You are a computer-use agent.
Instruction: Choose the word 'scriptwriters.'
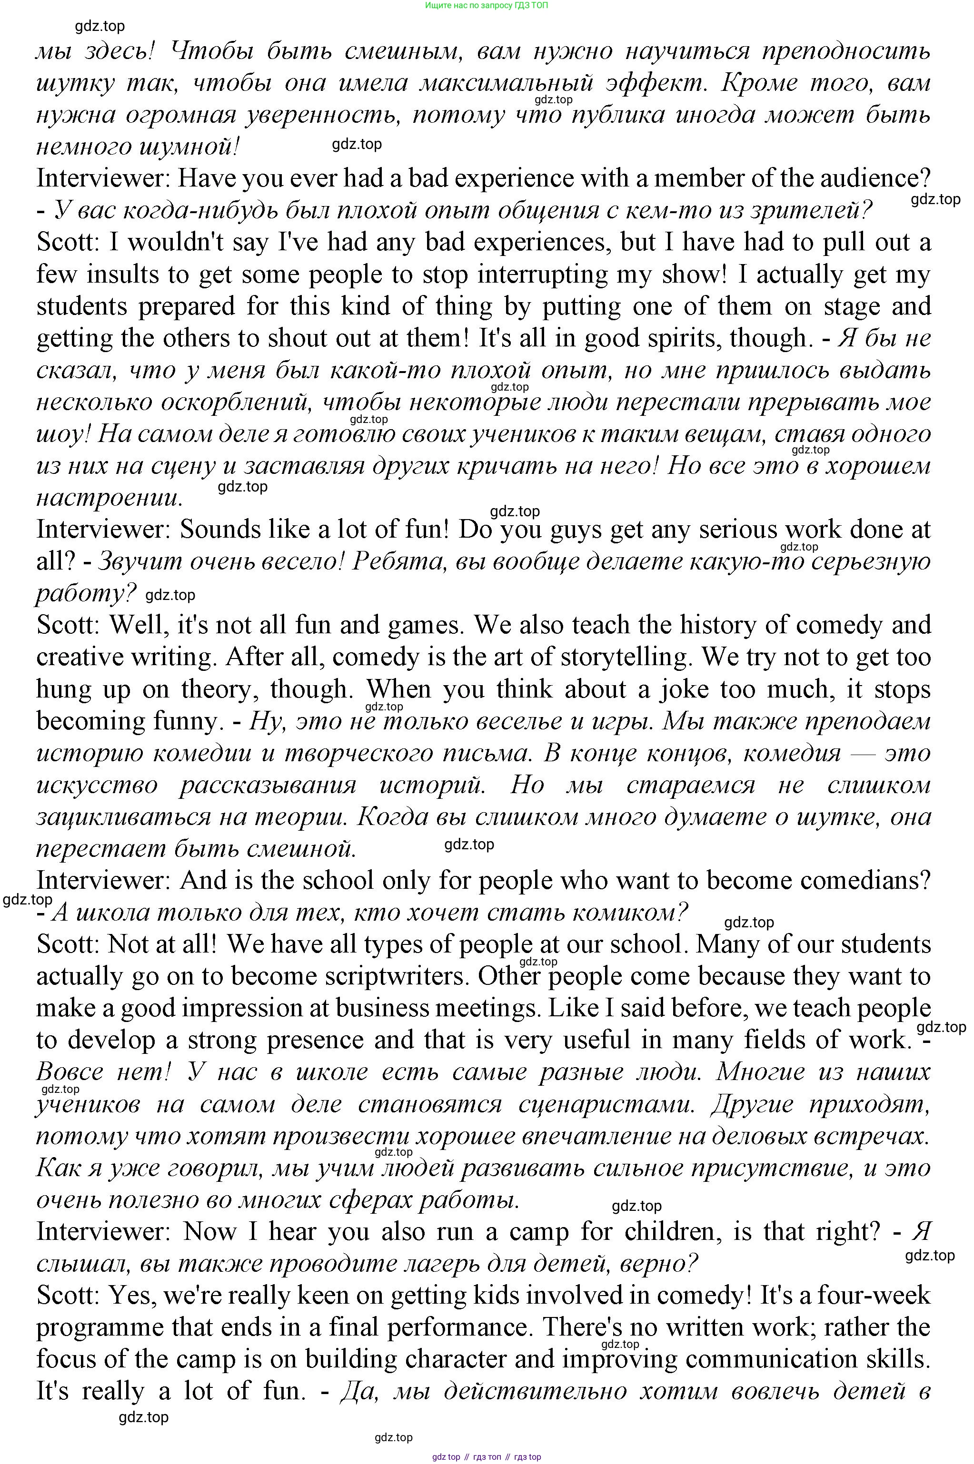pyautogui.click(x=398, y=976)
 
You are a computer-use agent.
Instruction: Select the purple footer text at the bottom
pyautogui.click(x=487, y=1456)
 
